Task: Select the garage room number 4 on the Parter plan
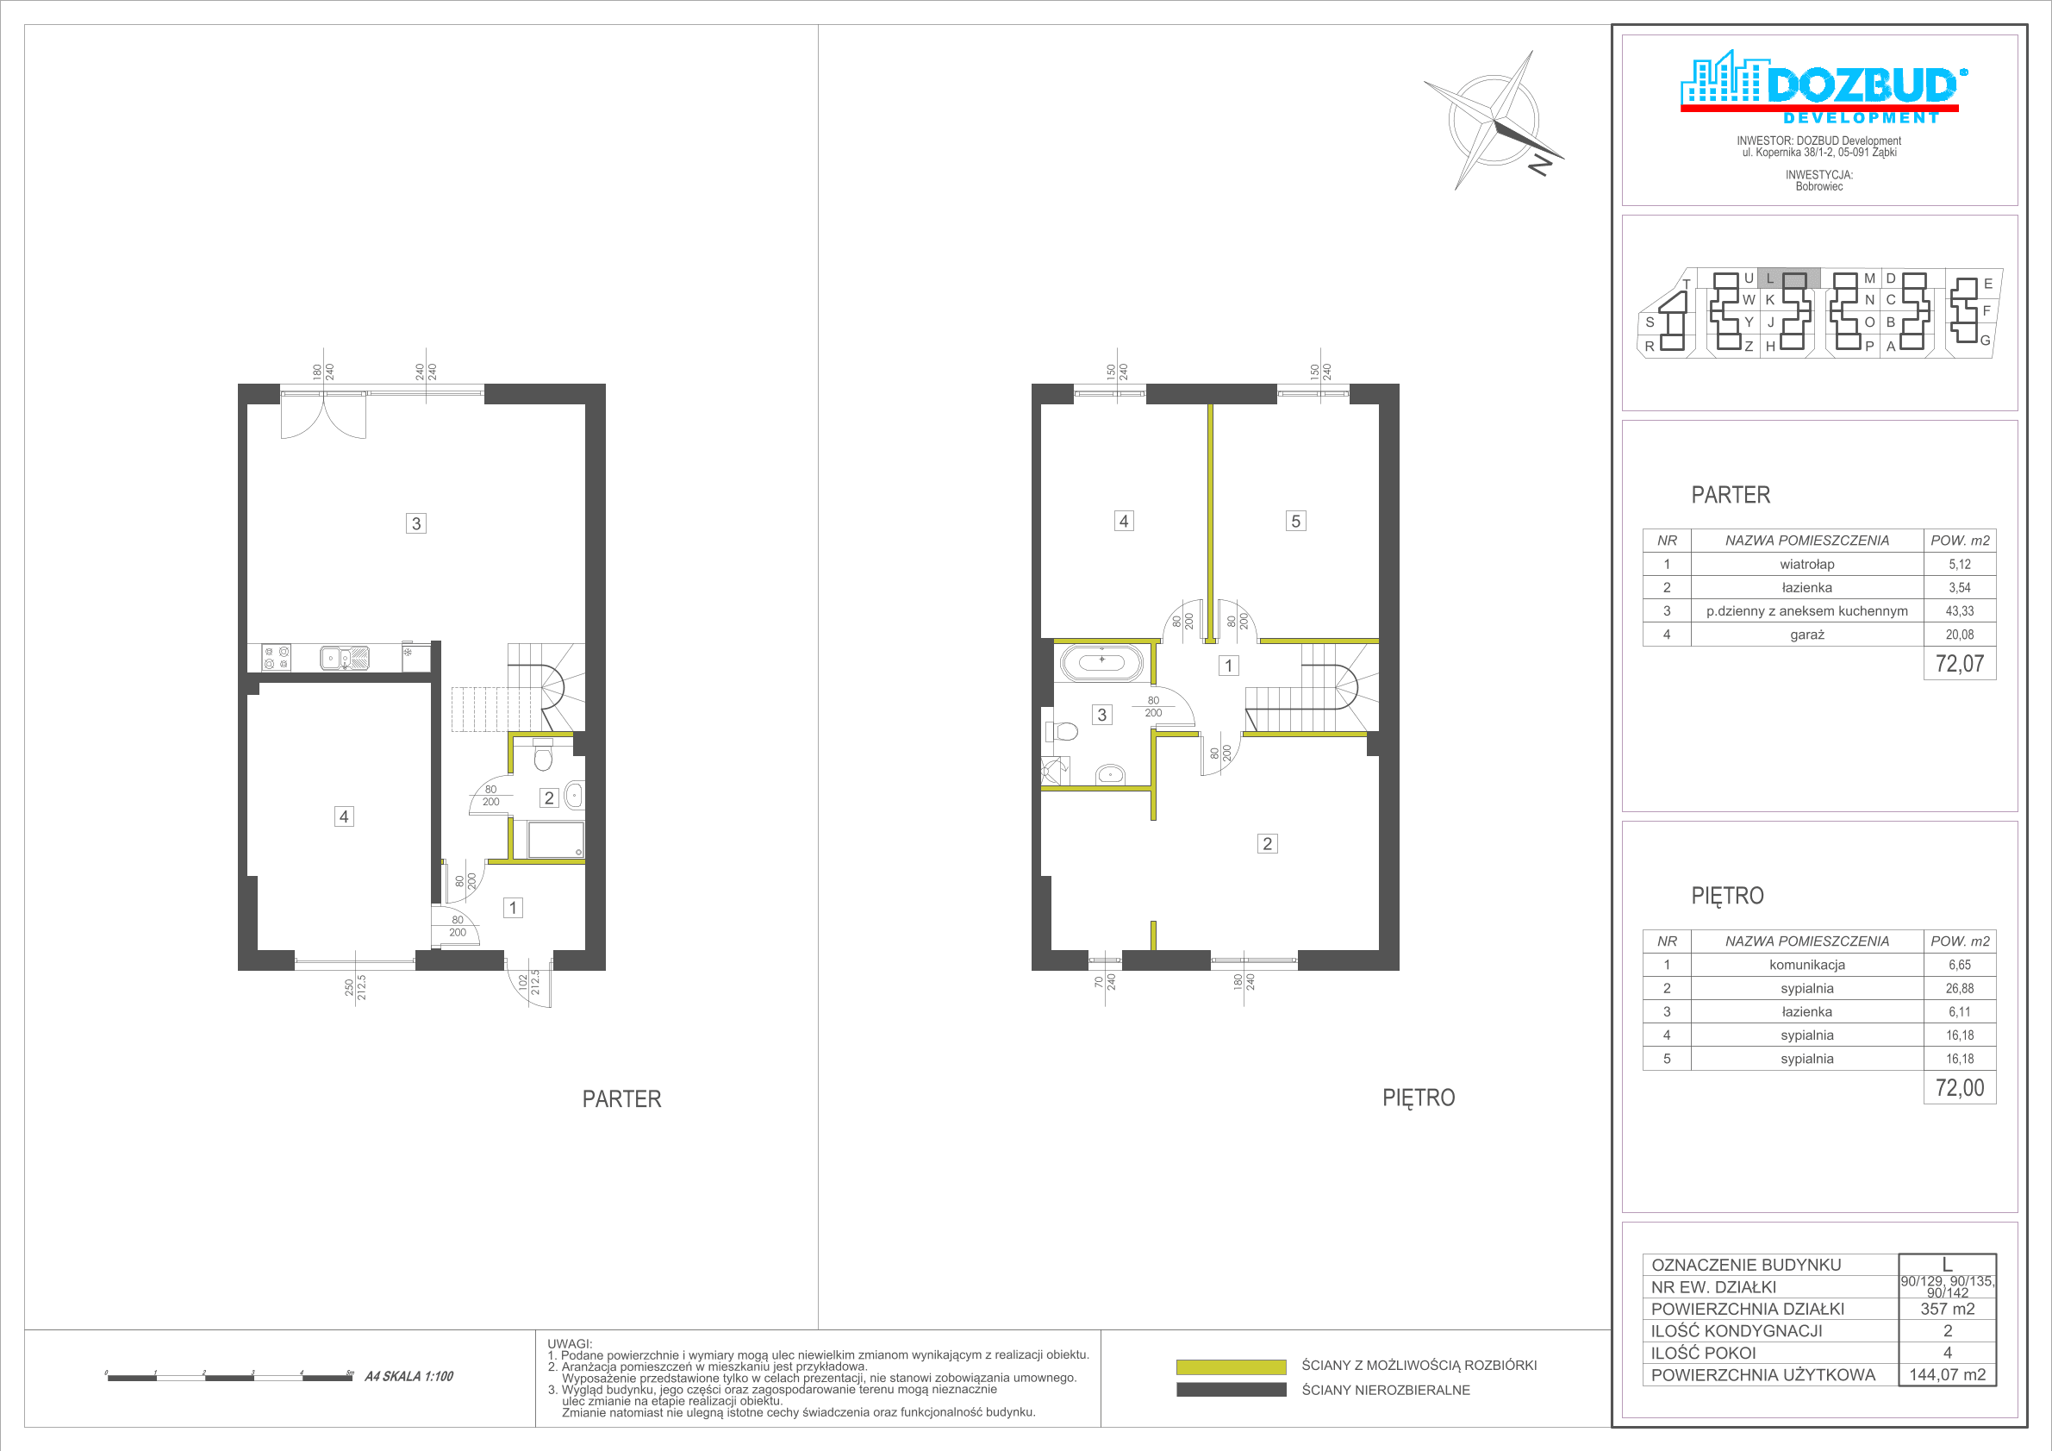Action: [x=344, y=816]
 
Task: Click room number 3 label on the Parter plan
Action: [x=415, y=523]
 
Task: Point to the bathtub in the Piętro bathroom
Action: [x=1102, y=662]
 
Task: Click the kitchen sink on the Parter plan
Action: [x=345, y=658]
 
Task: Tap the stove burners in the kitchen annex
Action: [x=276, y=658]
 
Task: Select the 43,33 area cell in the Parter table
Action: [x=1959, y=610]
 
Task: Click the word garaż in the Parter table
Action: [x=1806, y=634]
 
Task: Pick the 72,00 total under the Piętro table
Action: [x=1959, y=1088]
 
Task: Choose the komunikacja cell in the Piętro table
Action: [x=1806, y=965]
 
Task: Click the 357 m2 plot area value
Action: [x=1948, y=1309]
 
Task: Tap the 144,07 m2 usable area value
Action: [x=1948, y=1375]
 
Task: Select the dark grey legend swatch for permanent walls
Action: [x=1231, y=1390]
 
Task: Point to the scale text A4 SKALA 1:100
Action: [x=409, y=1377]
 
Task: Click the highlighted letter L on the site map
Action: [x=1769, y=278]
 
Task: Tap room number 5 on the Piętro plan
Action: [x=1295, y=522]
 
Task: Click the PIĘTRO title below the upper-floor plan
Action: [x=1419, y=1098]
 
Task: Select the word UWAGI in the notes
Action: [x=570, y=1344]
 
